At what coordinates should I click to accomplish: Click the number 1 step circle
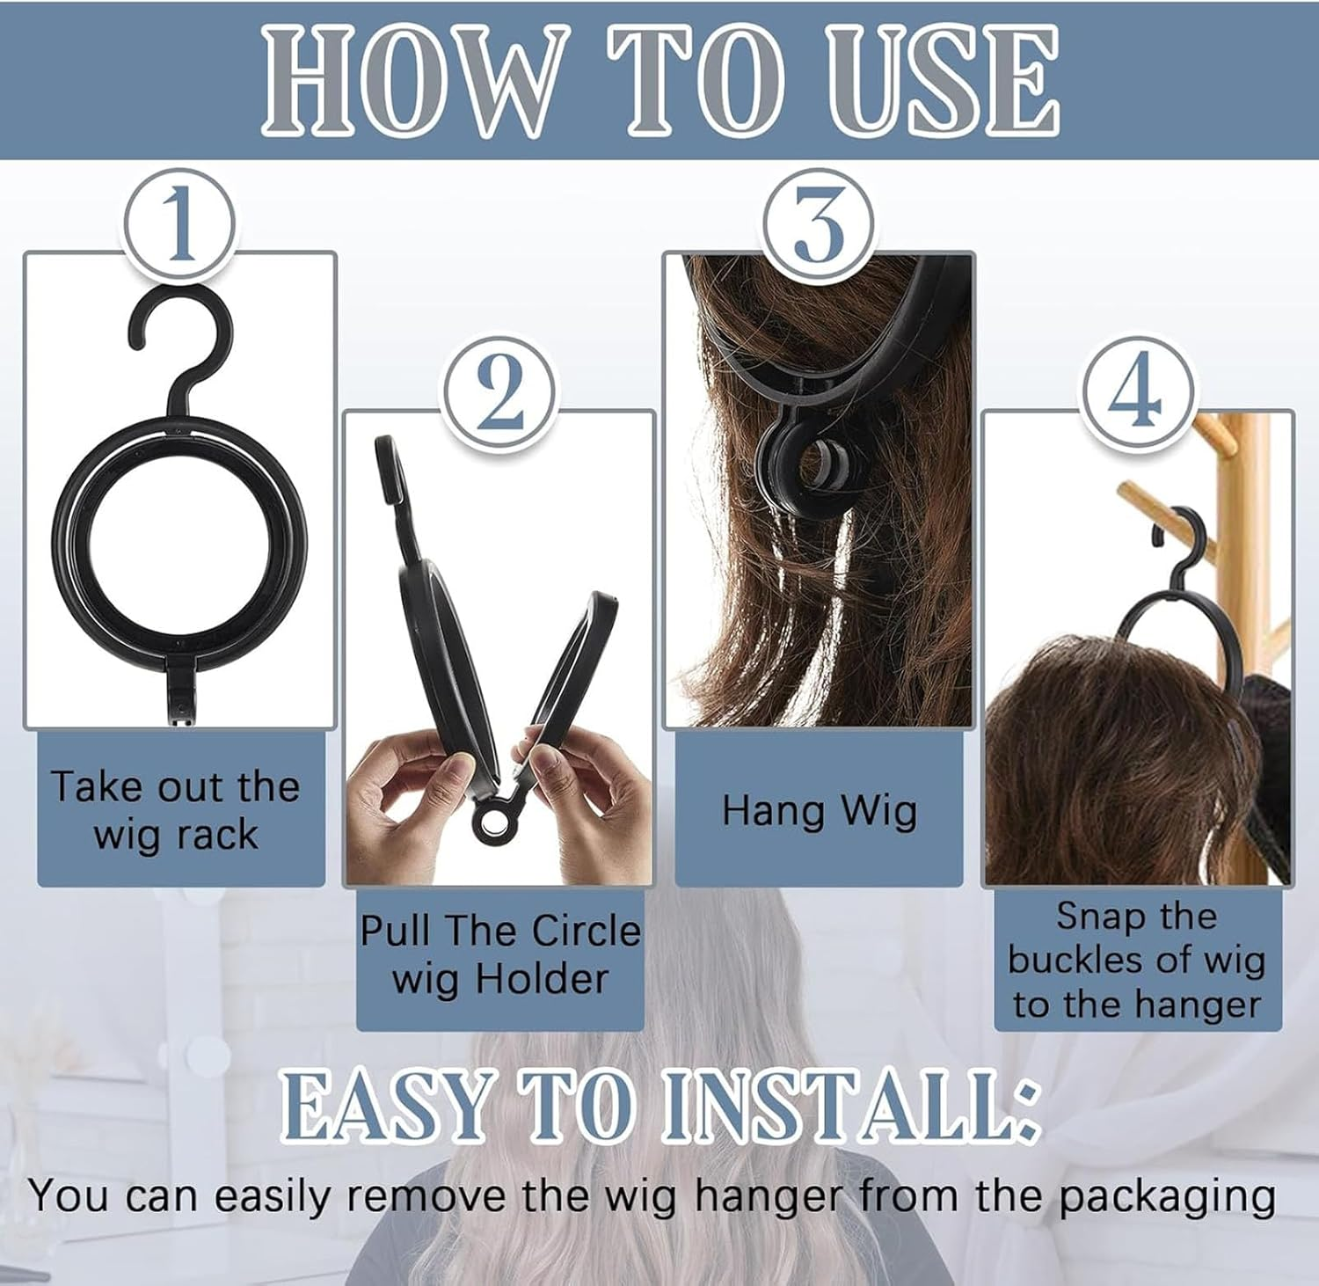click(x=180, y=225)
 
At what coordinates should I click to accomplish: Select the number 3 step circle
click(x=819, y=225)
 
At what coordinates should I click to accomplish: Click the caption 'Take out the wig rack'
click(x=176, y=809)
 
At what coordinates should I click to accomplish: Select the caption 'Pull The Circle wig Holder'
click(x=499, y=954)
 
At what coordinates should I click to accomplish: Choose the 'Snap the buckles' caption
click(x=1136, y=961)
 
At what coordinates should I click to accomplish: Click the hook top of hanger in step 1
click(x=180, y=325)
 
